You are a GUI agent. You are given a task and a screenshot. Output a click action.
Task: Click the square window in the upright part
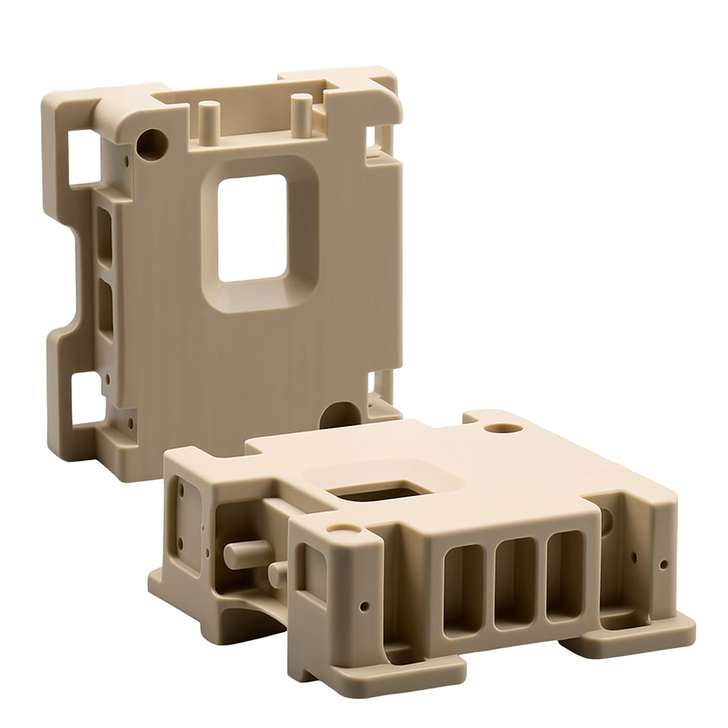click(x=252, y=227)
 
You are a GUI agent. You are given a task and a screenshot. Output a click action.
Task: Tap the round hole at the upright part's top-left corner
click(x=151, y=144)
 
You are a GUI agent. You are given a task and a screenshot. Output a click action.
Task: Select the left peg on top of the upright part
click(x=208, y=122)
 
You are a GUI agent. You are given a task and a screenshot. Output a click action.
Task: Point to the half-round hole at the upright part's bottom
click(x=340, y=416)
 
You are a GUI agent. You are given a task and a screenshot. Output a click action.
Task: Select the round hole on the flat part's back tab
click(x=503, y=429)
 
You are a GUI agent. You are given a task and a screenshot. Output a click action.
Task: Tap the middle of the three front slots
click(x=515, y=583)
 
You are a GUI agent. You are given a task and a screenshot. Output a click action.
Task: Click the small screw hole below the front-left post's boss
click(x=364, y=606)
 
